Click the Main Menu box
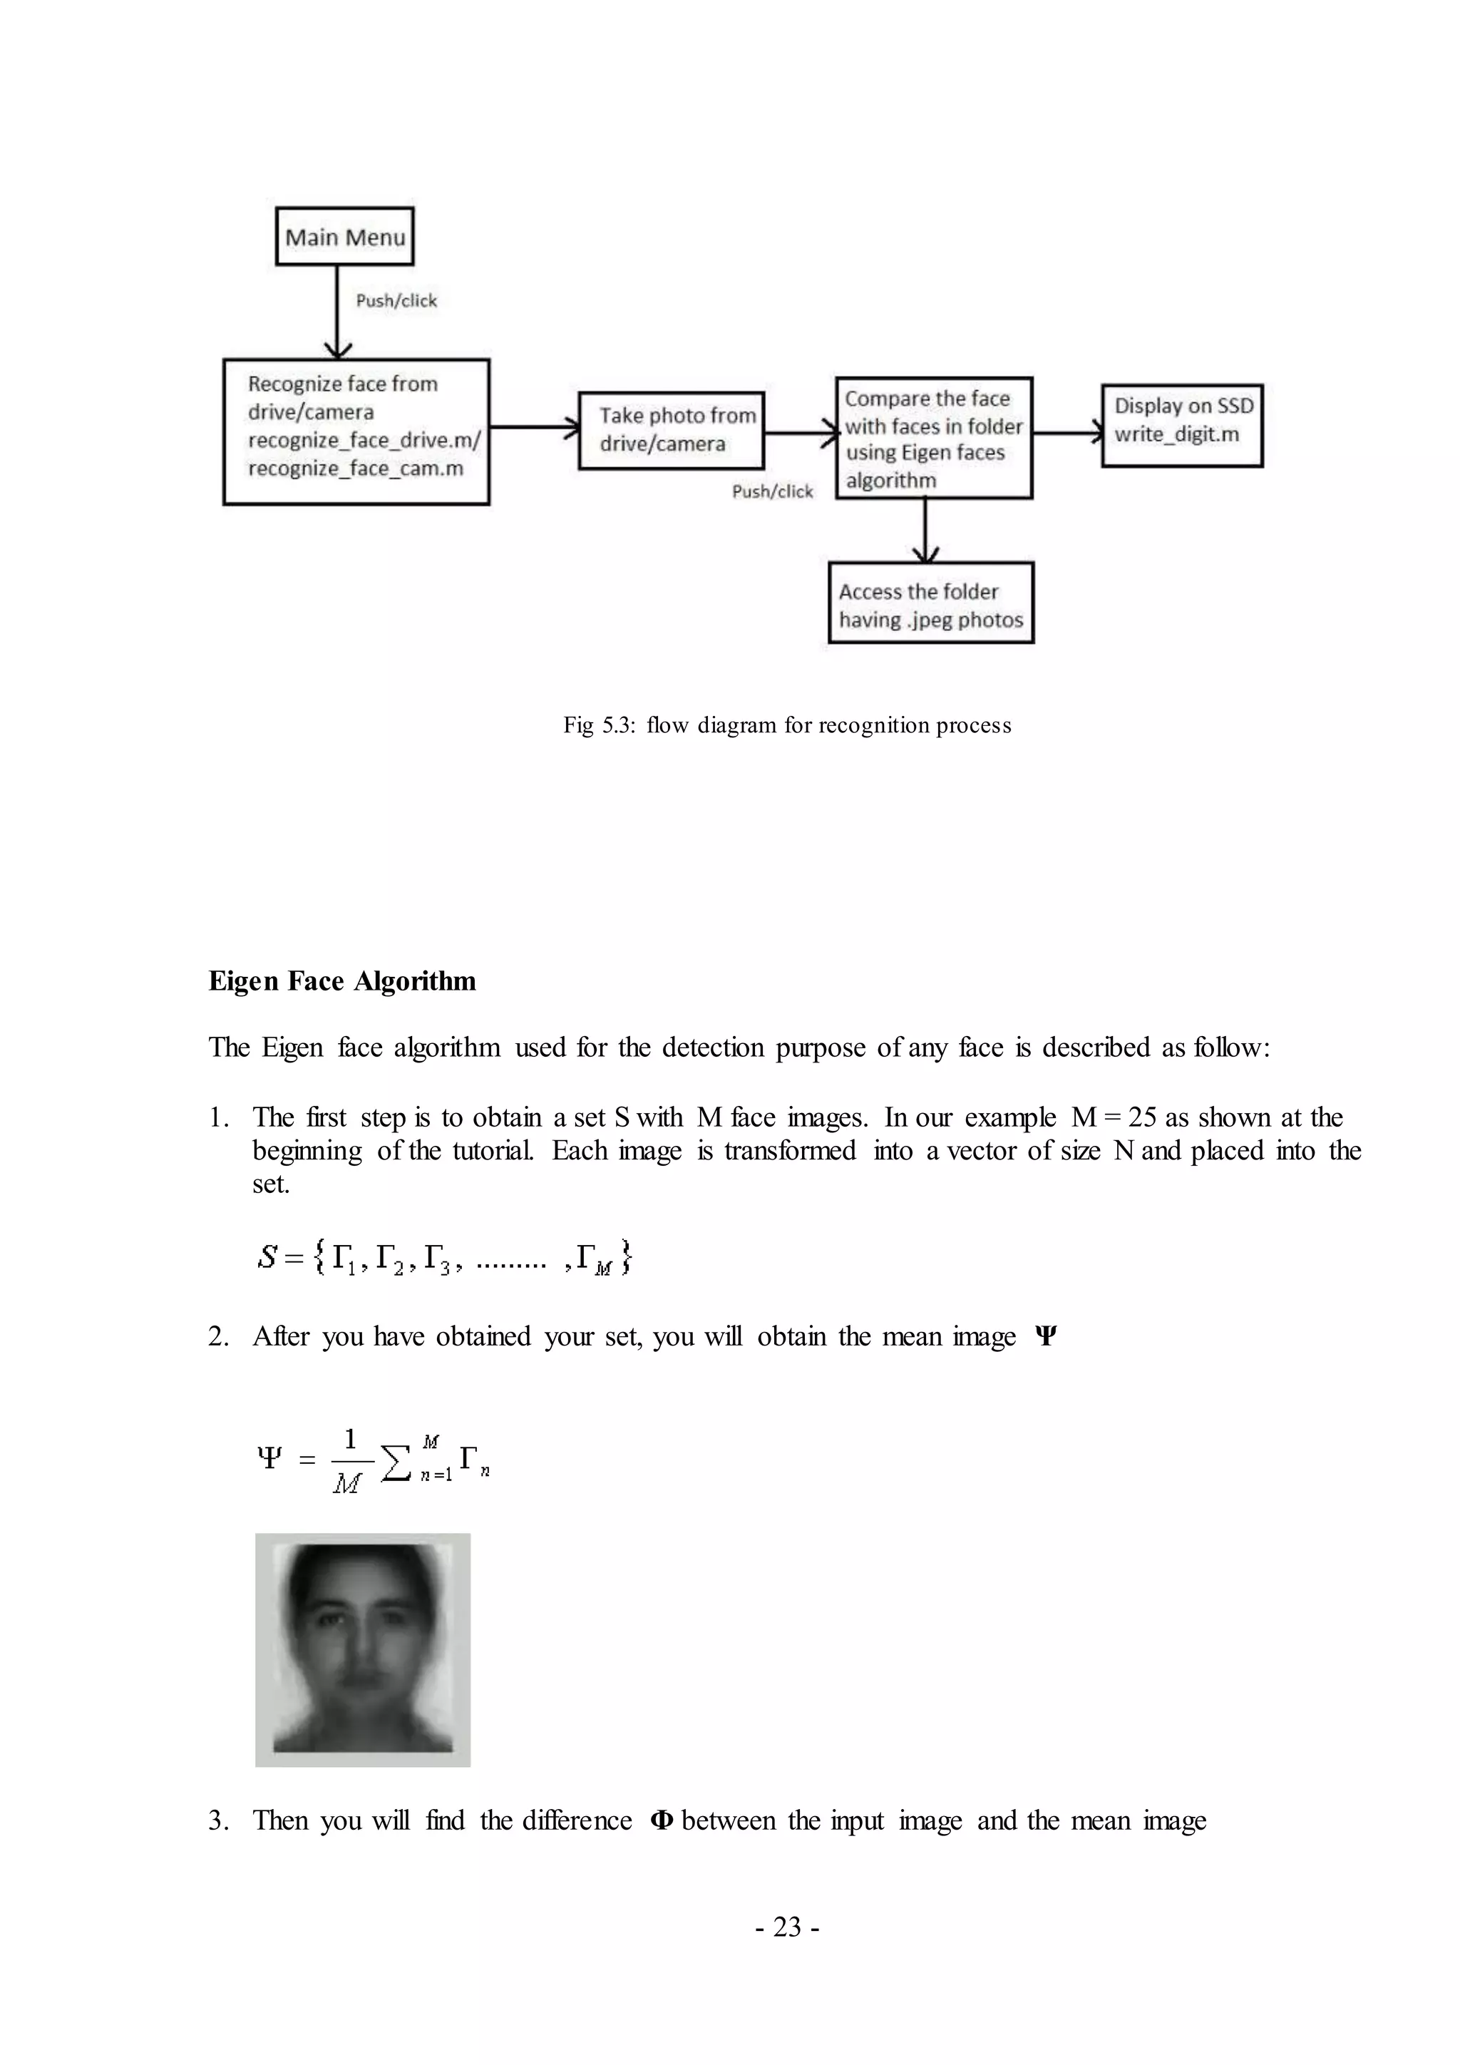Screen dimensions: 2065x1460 (x=344, y=237)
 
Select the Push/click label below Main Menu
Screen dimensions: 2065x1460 (x=396, y=300)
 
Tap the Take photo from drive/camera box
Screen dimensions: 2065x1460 (x=671, y=430)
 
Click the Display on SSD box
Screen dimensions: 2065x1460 (x=1182, y=426)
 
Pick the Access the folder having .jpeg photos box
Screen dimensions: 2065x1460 (x=930, y=603)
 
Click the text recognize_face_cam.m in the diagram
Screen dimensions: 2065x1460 (x=355, y=468)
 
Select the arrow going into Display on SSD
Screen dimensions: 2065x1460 (x=1068, y=434)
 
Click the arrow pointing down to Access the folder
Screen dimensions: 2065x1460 (x=925, y=531)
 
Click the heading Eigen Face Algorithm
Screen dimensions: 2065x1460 (x=341, y=981)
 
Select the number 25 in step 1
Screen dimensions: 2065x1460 (x=1142, y=1117)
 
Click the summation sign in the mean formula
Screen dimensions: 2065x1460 (x=396, y=1462)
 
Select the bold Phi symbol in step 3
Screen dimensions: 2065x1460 (x=661, y=1820)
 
